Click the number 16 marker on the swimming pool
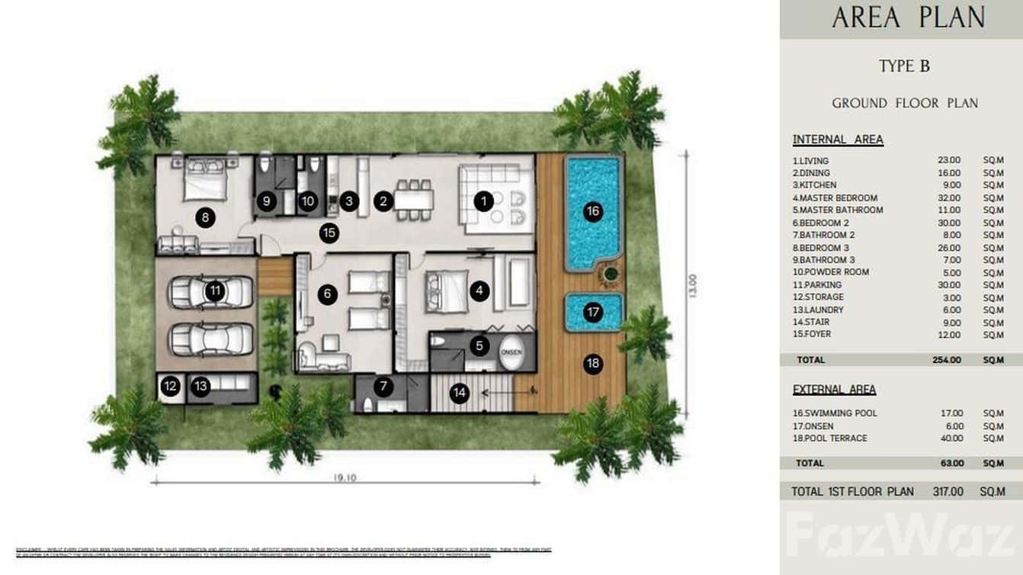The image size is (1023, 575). pyautogui.click(x=593, y=212)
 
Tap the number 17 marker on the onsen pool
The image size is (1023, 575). pyautogui.click(x=593, y=312)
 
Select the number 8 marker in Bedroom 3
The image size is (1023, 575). pyautogui.click(x=204, y=218)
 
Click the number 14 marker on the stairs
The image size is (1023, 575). pyautogui.click(x=459, y=393)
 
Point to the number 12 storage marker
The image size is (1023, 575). pyautogui.click(x=171, y=387)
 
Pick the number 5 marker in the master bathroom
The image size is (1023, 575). pyautogui.click(x=479, y=345)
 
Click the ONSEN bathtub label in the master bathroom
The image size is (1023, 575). pyautogui.click(x=511, y=353)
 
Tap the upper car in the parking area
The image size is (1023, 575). pyautogui.click(x=211, y=291)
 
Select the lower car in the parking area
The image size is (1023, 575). pyautogui.click(x=211, y=339)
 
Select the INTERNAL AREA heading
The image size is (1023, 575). pyautogui.click(x=838, y=140)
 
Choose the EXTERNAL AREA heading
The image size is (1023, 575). pyautogui.click(x=834, y=390)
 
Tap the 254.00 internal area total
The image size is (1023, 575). pyautogui.click(x=948, y=360)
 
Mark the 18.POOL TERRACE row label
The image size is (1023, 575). pyautogui.click(x=829, y=438)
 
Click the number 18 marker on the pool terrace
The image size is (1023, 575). pyautogui.click(x=593, y=364)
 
